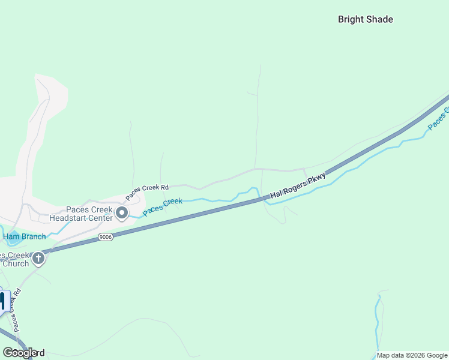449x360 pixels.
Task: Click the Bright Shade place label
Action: (365, 19)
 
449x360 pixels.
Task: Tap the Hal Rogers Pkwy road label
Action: (298, 185)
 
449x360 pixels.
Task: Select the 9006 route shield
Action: (106, 238)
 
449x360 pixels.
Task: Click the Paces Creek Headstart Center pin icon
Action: (122, 213)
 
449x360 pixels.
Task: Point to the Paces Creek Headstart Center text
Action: (80, 214)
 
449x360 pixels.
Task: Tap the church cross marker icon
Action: (38, 259)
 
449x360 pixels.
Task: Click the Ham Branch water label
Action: (25, 236)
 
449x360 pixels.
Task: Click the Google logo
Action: (20, 353)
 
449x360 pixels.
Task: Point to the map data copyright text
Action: (412, 355)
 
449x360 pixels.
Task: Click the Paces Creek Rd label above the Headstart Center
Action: (147, 192)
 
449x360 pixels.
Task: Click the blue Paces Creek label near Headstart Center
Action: (163, 208)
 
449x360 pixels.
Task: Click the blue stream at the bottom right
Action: (378, 324)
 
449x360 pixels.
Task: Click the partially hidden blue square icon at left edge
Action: (2, 301)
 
